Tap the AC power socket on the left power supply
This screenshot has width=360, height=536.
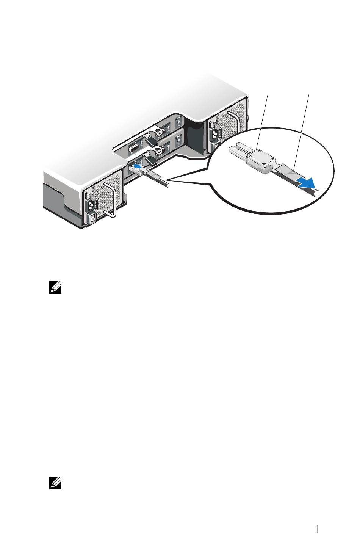(92, 204)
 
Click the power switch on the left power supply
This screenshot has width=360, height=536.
(92, 219)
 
